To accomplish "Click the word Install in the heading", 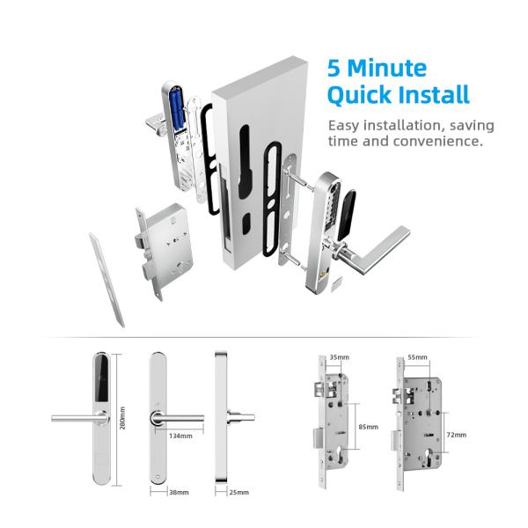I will (431, 95).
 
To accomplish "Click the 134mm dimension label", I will (182, 434).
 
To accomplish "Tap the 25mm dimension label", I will (238, 492).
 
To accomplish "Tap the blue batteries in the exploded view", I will (172, 114).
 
